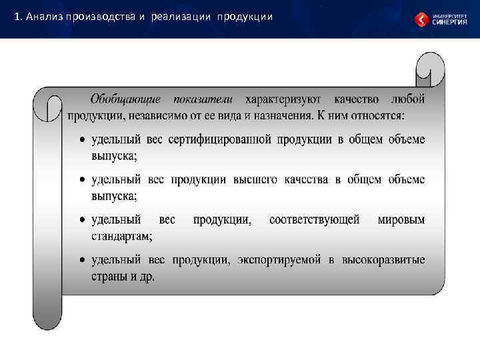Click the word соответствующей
[314, 219]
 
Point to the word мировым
[401, 219]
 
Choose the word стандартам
[121, 235]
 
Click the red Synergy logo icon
[421, 19]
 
